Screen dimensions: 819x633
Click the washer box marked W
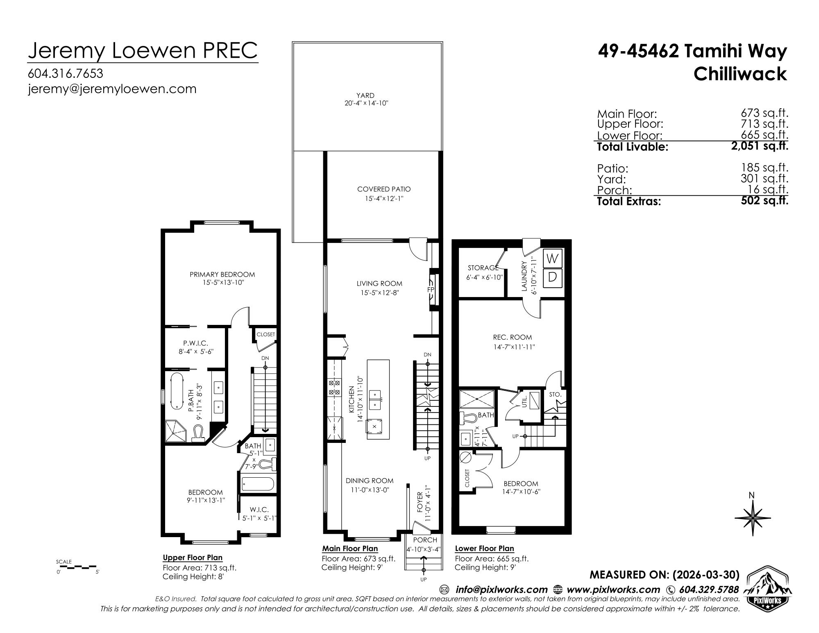point(553,258)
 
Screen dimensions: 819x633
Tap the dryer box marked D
point(553,277)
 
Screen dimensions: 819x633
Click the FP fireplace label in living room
point(431,290)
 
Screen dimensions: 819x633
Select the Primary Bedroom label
point(222,275)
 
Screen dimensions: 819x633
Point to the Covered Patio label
point(384,189)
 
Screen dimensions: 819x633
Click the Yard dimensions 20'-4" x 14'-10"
point(366,104)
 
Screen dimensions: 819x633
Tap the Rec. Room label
point(513,337)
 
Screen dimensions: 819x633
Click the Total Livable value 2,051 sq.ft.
point(760,146)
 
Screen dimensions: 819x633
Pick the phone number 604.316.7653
point(66,73)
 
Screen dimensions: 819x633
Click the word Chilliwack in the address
point(740,74)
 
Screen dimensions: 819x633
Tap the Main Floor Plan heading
point(350,548)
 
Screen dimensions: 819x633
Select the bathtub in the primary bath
point(177,391)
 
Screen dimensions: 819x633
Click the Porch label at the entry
point(425,540)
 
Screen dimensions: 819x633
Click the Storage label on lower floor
point(483,268)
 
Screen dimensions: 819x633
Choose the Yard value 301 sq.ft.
point(765,179)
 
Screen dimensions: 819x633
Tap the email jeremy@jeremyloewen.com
point(112,89)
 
